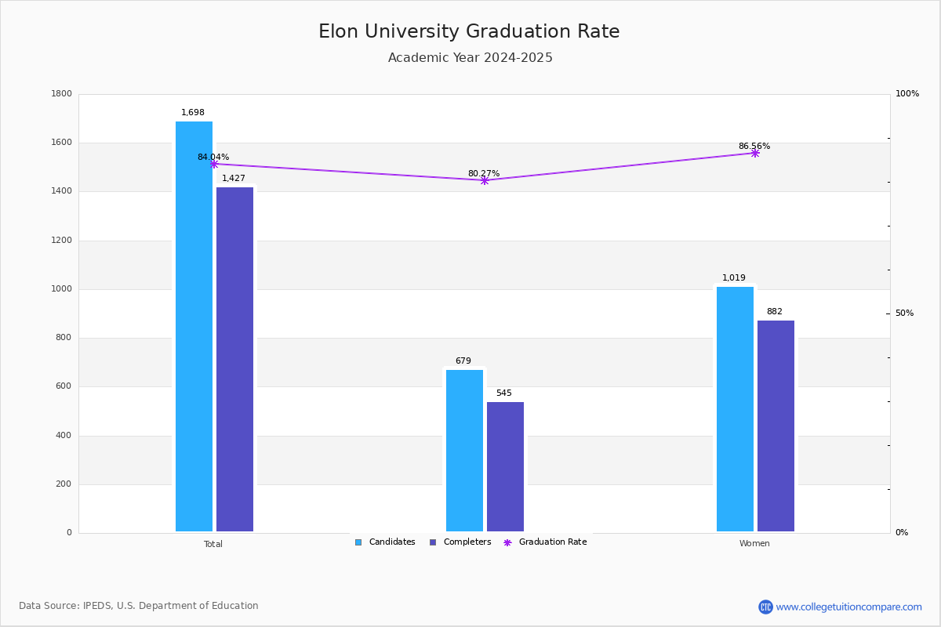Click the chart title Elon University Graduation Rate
469,32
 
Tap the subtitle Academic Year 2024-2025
470,58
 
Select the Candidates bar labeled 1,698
194,326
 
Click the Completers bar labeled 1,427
234,359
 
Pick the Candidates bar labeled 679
464,451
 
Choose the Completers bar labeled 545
505,466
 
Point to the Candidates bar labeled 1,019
735,409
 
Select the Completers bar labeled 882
776,426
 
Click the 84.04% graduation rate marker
214,165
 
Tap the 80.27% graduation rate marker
485,181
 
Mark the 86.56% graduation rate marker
755,154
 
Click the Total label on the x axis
213,544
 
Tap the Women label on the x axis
754,544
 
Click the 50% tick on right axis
904,313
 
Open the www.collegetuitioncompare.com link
848,607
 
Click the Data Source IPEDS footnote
139,606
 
